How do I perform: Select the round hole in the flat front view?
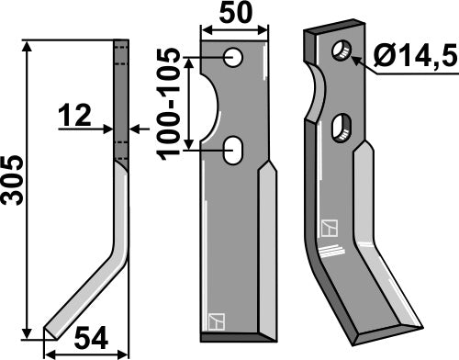tap(235, 58)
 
